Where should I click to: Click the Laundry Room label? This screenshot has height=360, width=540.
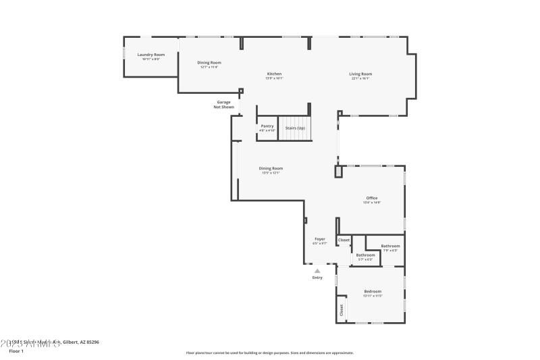click(151, 55)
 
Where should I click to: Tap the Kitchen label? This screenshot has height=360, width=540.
click(274, 74)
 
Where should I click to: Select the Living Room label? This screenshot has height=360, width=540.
click(360, 74)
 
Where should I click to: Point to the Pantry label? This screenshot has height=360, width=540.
click(267, 126)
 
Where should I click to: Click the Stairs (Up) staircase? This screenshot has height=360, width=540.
click(295, 129)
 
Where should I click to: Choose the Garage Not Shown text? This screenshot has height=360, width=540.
click(223, 105)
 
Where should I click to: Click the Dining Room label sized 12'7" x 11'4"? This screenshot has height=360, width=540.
click(209, 63)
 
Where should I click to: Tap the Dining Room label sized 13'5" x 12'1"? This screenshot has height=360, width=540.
click(271, 168)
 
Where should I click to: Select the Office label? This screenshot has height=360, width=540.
click(372, 198)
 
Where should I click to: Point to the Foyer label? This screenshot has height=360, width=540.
click(320, 239)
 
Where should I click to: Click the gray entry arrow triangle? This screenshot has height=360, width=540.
click(317, 271)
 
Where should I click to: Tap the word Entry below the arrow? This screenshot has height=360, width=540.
click(317, 278)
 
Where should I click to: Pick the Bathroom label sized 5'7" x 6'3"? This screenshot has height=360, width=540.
click(365, 255)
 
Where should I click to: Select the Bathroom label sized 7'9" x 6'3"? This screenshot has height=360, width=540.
click(390, 246)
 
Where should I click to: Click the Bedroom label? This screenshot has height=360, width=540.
click(373, 291)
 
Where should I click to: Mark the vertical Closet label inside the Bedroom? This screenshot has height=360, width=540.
click(342, 310)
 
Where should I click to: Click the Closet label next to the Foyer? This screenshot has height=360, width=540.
click(344, 240)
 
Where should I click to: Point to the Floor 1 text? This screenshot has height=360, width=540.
click(16, 351)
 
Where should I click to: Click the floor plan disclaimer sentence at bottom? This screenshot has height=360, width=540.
click(270, 353)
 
